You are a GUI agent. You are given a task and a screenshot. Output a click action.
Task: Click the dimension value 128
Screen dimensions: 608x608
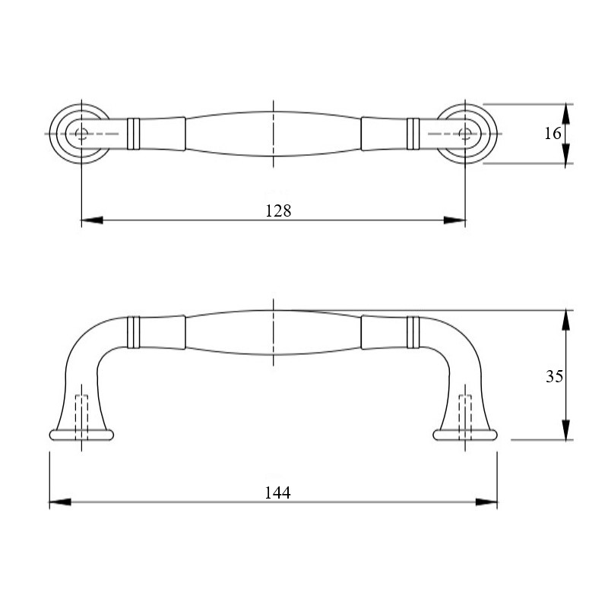tap(278, 211)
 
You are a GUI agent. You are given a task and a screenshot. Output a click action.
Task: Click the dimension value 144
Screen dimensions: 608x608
tap(277, 492)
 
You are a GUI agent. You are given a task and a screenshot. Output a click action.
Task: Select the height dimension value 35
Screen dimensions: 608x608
tap(554, 376)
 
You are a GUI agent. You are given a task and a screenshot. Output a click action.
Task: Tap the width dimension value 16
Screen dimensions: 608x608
tap(553, 134)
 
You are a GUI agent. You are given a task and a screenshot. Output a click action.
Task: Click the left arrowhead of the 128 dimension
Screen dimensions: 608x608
tap(92, 220)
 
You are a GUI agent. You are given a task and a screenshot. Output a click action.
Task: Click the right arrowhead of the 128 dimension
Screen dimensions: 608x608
tap(454, 220)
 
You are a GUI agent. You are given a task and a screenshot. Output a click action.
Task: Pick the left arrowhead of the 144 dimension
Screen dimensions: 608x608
tap(60, 502)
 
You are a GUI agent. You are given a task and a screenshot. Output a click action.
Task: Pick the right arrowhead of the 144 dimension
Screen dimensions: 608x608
tap(486, 502)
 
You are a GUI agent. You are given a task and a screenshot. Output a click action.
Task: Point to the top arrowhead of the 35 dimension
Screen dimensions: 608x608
tap(566, 320)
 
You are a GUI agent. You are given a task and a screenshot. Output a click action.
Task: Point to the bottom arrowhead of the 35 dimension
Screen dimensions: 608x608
tap(566, 429)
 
